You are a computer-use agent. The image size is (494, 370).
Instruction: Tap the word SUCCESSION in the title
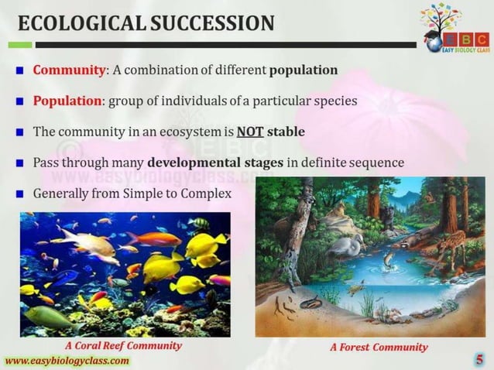pyautogui.click(x=210, y=23)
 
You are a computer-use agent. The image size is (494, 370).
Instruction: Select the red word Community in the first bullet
pyautogui.click(x=69, y=70)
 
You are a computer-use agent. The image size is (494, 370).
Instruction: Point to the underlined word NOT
pyautogui.click(x=250, y=132)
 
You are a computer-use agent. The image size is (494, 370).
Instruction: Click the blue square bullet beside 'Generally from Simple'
pyautogui.click(x=21, y=193)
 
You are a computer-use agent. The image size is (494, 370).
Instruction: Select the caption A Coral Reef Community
pyautogui.click(x=124, y=346)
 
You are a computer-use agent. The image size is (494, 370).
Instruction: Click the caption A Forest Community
pyautogui.click(x=379, y=347)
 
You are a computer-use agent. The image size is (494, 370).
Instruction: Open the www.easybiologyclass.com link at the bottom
pyautogui.click(x=67, y=361)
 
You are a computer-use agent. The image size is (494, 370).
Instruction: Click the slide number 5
pyautogui.click(x=480, y=359)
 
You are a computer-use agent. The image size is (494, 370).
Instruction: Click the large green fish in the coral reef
pyautogui.click(x=51, y=317)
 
